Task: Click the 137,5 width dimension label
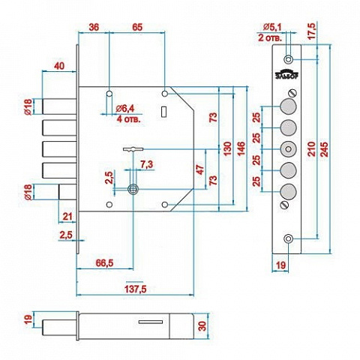[135, 289]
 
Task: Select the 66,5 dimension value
[104, 262]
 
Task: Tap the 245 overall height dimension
[324, 149]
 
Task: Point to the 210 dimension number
[312, 149]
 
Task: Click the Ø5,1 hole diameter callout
[272, 27]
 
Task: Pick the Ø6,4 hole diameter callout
[125, 109]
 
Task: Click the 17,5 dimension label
[312, 31]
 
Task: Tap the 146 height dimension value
[241, 148]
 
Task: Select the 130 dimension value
[227, 148]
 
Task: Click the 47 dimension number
[200, 169]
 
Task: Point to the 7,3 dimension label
[146, 164]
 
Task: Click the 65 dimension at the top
[137, 27]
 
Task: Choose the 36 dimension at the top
[94, 27]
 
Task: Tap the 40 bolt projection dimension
[59, 66]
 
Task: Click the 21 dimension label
[67, 217]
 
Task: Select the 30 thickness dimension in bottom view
[202, 326]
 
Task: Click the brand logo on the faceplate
[286, 74]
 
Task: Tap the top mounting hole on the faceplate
[289, 60]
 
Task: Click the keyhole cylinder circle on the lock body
[133, 189]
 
